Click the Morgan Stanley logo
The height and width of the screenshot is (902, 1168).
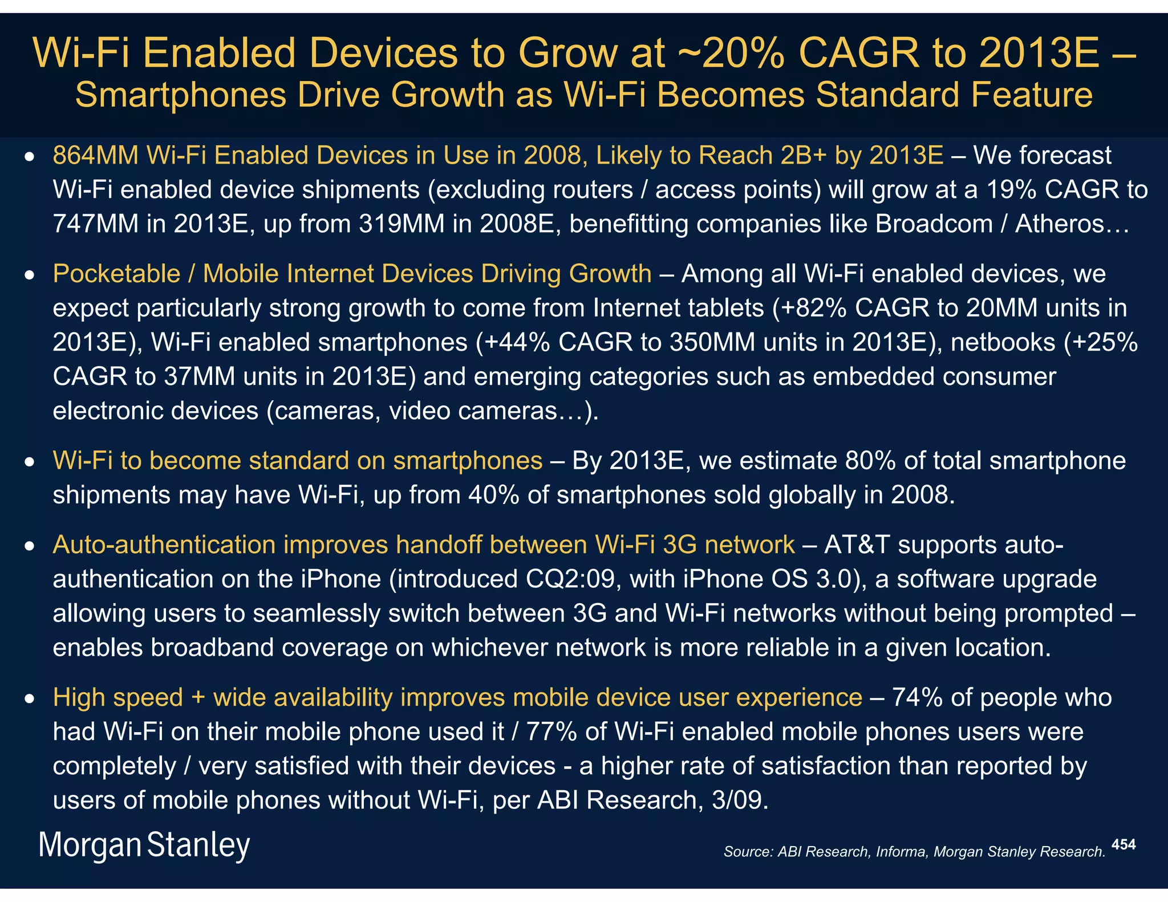[x=144, y=845]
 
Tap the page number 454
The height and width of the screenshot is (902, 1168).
[x=1123, y=844]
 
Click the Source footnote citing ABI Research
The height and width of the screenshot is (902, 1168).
[x=914, y=852]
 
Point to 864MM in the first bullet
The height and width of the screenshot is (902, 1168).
[x=95, y=156]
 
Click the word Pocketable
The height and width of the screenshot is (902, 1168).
[x=116, y=274]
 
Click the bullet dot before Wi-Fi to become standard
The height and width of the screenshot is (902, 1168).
[x=30, y=461]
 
